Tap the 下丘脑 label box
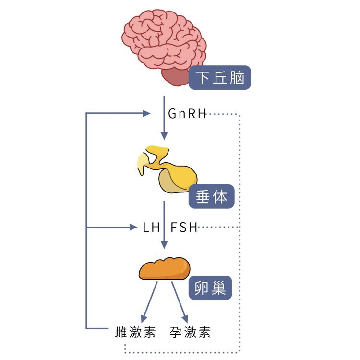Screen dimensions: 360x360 click(220, 78)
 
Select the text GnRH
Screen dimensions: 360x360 click(187, 114)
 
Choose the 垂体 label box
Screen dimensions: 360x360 click(211, 196)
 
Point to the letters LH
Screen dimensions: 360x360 click(152, 227)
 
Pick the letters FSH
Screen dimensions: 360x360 click(184, 227)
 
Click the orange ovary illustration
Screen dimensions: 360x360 click(165, 269)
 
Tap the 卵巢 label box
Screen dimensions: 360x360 click(210, 288)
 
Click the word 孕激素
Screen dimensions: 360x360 click(190, 333)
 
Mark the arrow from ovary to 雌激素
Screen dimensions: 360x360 click(150, 301)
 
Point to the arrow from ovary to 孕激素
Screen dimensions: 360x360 click(179, 301)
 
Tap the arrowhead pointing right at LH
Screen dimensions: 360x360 click(134, 227)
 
